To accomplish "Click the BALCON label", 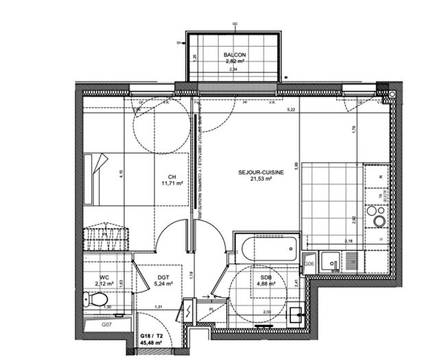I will click(235, 54).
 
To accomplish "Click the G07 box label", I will click(106, 324).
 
